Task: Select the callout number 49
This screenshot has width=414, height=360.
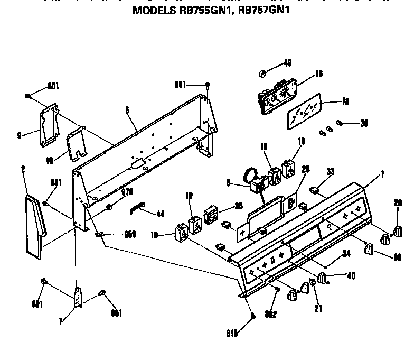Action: tap(287, 63)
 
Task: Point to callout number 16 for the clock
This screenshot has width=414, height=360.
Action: tap(318, 75)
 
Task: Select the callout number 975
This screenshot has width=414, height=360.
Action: tap(127, 192)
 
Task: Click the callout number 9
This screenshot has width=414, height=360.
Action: tap(19, 135)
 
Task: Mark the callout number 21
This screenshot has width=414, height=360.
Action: tap(317, 309)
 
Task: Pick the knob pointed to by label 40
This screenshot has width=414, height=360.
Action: tap(322, 279)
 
